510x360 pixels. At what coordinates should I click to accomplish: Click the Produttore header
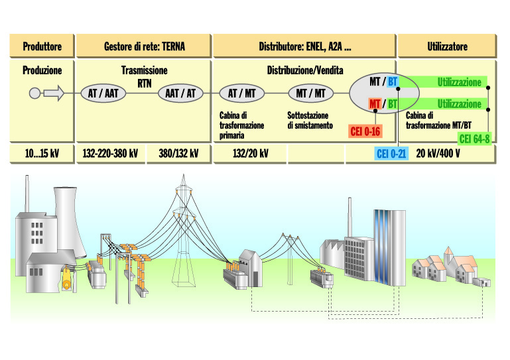pos(42,46)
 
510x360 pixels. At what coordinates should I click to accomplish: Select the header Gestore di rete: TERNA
pos(144,46)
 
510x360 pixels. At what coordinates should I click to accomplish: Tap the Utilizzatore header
pos(447,46)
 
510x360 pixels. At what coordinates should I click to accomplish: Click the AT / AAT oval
pos(103,93)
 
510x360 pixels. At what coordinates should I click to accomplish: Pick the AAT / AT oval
pos(180,93)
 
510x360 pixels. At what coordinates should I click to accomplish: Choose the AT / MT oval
pos(241,93)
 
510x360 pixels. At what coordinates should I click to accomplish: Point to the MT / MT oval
pos(310,93)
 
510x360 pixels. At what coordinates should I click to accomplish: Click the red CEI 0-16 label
pos(365,131)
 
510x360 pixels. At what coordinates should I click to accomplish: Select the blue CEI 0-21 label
pos(391,154)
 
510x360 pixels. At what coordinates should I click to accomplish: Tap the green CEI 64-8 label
pos(475,139)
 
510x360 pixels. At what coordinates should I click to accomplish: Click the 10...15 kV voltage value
pos(42,154)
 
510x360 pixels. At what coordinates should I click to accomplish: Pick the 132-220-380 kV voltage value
pos(110,154)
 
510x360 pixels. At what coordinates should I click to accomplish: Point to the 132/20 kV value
pos(250,154)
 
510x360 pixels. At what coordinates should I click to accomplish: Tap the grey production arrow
pos(54,93)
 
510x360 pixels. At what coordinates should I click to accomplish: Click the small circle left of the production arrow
pos(35,93)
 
